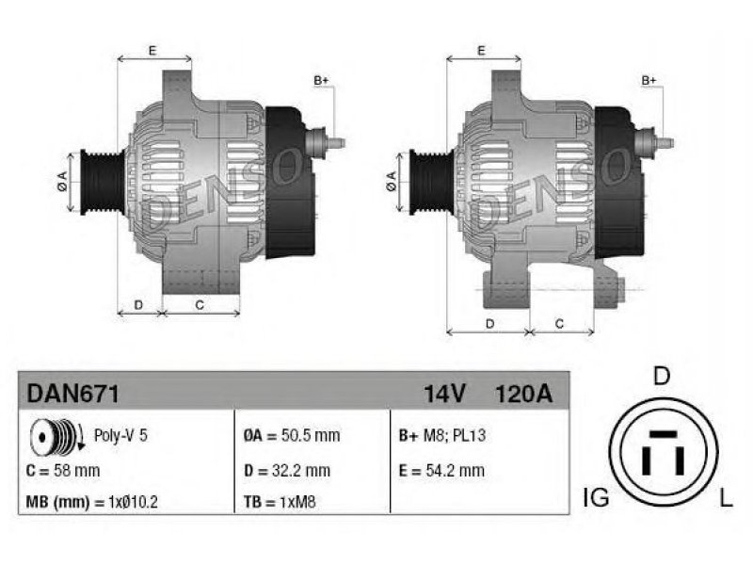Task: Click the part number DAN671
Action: tap(72, 394)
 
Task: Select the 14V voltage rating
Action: tap(444, 394)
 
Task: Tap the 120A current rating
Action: tap(523, 394)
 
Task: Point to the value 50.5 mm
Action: tap(311, 435)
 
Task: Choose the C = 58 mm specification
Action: tap(63, 470)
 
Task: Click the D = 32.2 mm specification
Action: tap(287, 470)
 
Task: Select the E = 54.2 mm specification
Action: tap(441, 470)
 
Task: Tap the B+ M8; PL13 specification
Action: tap(442, 435)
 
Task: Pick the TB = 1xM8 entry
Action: tap(280, 502)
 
